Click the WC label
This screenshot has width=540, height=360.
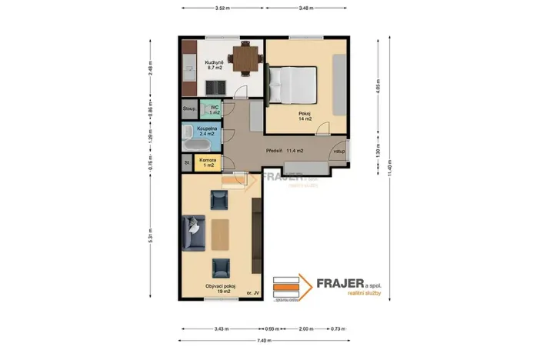215,109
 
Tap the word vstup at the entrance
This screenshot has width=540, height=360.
338,152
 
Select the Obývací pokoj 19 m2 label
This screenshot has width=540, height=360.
220,289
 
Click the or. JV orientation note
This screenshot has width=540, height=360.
251,294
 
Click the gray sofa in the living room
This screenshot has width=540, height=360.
193,234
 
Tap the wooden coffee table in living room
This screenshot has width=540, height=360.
221,236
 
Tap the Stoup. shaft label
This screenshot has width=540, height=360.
189,109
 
